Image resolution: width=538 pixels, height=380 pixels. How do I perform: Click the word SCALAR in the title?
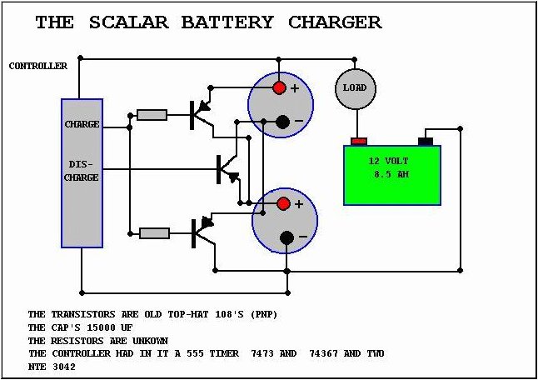tap(128, 22)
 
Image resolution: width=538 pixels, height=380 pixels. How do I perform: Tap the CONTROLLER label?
tap(38, 66)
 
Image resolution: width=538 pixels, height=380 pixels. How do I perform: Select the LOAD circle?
tap(356, 88)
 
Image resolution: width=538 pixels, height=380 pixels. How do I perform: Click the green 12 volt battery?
tap(392, 175)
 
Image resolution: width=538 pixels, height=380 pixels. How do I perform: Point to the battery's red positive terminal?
tap(359, 141)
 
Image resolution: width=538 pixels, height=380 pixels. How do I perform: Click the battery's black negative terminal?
tap(426, 141)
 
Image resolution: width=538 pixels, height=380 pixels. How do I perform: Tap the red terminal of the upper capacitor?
tap(279, 87)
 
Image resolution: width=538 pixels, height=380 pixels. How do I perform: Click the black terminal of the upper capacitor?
tap(282, 122)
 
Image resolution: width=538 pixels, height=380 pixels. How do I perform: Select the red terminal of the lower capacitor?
tap(283, 203)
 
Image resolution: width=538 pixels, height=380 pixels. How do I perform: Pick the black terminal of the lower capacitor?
tap(286, 237)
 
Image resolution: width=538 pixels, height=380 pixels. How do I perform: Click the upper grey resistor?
tap(152, 115)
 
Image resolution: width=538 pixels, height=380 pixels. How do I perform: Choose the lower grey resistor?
tap(154, 233)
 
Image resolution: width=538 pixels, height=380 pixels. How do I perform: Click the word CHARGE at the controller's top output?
tap(82, 124)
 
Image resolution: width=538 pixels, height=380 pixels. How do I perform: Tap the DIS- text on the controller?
tap(81, 164)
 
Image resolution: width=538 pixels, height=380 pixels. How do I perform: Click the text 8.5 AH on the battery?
tap(391, 174)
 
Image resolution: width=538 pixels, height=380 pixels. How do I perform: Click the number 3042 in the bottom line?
tap(64, 367)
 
